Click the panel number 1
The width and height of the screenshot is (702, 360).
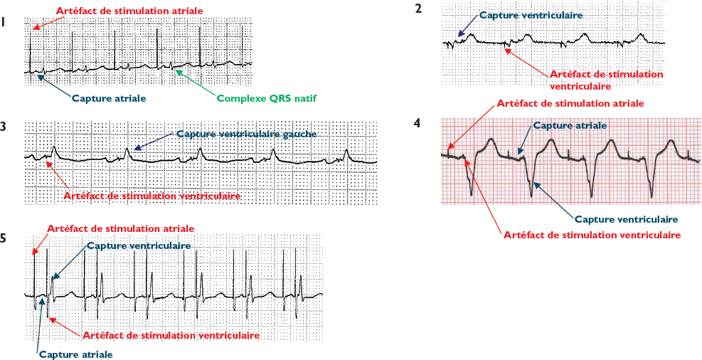[x=4, y=22]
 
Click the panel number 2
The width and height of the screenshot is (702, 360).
[x=418, y=9]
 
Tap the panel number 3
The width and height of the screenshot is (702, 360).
[x=4, y=127]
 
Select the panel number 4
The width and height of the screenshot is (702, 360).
[x=417, y=122]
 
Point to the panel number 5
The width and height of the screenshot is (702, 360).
[x=4, y=238]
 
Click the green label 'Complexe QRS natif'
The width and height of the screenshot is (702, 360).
[x=267, y=97]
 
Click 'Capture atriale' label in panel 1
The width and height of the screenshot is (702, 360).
[x=109, y=98]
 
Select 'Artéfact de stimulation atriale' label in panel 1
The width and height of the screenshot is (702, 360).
[x=129, y=11]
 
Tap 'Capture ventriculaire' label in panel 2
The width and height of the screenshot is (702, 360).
[x=531, y=14]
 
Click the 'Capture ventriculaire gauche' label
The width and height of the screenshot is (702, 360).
[x=245, y=134]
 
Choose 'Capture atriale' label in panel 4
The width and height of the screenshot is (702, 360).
[x=570, y=125]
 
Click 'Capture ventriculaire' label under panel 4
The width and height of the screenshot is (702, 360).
[x=626, y=219]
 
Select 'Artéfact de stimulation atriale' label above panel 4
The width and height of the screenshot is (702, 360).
[x=570, y=103]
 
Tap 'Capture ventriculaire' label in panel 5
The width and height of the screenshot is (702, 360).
[x=139, y=245]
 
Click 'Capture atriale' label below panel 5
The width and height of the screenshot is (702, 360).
[x=75, y=354]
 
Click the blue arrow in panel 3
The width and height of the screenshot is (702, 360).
[x=154, y=141]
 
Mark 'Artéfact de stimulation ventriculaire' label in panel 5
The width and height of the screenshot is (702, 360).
[x=171, y=334]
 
